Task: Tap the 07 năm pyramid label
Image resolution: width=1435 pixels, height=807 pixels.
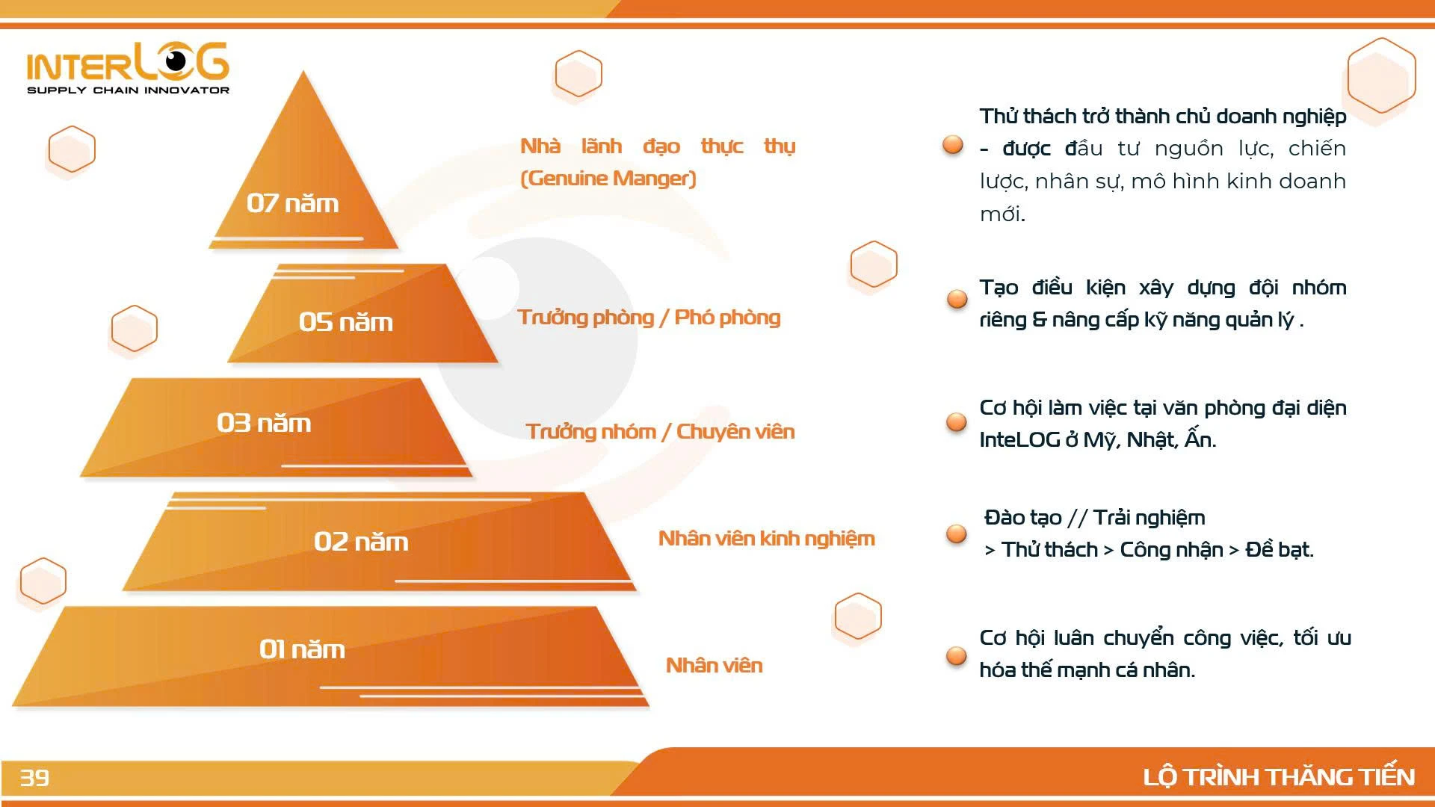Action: click(x=292, y=203)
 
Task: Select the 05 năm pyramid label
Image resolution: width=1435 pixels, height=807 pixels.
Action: click(x=345, y=322)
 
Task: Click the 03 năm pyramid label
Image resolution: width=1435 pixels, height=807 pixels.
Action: click(x=264, y=423)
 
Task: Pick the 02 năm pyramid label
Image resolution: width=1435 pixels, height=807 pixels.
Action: click(x=361, y=542)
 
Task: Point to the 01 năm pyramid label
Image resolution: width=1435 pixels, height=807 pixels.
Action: click(x=302, y=649)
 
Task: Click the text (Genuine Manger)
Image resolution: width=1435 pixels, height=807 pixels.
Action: click(x=608, y=179)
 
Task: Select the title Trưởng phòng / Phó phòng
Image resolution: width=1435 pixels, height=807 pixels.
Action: click(x=649, y=318)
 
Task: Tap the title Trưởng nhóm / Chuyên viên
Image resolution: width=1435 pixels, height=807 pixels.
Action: click(x=660, y=432)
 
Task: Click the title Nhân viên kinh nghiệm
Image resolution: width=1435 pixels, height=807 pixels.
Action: click(x=766, y=539)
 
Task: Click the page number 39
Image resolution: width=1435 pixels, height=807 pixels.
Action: click(x=34, y=778)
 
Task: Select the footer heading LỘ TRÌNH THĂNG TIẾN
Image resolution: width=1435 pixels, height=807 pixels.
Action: click(x=1279, y=777)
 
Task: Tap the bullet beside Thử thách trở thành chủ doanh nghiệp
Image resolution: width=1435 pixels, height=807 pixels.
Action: click(x=953, y=144)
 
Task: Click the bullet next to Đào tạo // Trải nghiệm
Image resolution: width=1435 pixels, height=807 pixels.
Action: click(x=957, y=534)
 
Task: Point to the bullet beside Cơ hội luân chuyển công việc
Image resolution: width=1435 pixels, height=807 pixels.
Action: click(x=957, y=655)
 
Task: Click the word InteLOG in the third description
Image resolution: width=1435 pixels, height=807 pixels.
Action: click(x=1019, y=440)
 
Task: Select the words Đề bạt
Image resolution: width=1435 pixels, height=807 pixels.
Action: click(x=1279, y=550)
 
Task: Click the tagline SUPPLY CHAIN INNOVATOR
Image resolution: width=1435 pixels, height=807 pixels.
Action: click(x=128, y=90)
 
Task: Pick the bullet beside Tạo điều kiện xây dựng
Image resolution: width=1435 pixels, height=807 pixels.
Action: click(x=957, y=299)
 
